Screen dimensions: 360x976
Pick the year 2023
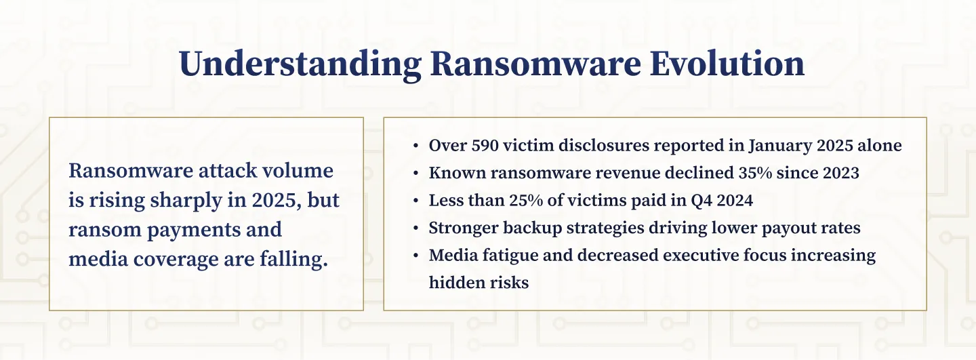pos(839,173)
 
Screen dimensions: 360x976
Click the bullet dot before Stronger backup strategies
pos(415,228)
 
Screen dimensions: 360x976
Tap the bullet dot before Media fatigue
pos(415,256)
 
